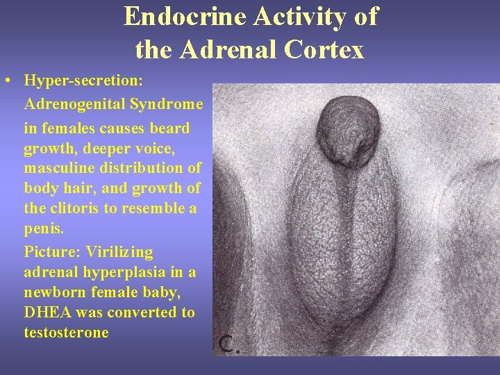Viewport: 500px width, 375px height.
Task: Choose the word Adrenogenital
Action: [74, 104]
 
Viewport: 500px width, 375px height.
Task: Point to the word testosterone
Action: [66, 332]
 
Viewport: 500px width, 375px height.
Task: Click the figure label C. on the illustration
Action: [229, 343]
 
